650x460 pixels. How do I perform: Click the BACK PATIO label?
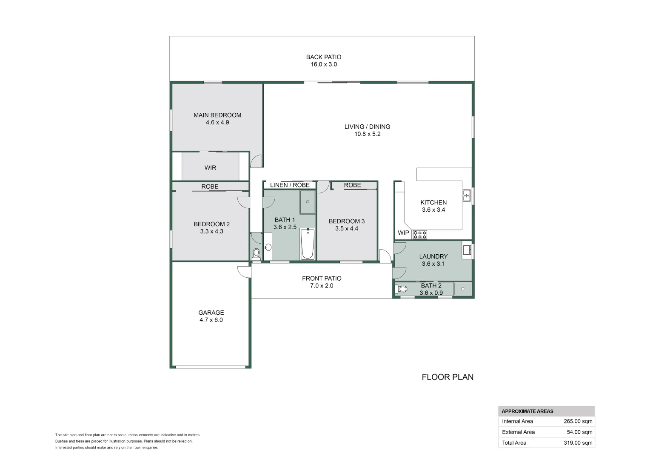(323, 57)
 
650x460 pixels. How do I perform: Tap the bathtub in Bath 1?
(308, 244)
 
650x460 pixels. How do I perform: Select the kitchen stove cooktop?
(419, 234)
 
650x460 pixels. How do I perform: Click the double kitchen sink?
(467, 195)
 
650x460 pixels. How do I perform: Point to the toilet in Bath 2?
(402, 289)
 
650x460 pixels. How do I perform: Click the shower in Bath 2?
(462, 289)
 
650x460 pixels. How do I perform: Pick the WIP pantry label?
(403, 233)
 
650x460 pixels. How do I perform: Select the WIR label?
(210, 168)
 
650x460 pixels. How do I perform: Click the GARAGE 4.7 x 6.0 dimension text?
(211, 320)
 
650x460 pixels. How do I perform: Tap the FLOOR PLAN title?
(448, 377)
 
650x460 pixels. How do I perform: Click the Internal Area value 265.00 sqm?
(578, 421)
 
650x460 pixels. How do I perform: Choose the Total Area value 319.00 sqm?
(578, 443)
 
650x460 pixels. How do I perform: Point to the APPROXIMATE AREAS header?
(527, 411)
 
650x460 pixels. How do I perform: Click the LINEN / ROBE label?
(290, 185)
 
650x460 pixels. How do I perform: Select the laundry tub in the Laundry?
(467, 250)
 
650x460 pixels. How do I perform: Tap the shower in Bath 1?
(308, 202)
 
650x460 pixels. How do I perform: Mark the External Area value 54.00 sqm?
(579, 432)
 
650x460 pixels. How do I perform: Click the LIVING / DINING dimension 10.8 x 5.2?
(367, 134)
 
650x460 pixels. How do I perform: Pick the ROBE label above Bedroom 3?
(352, 185)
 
